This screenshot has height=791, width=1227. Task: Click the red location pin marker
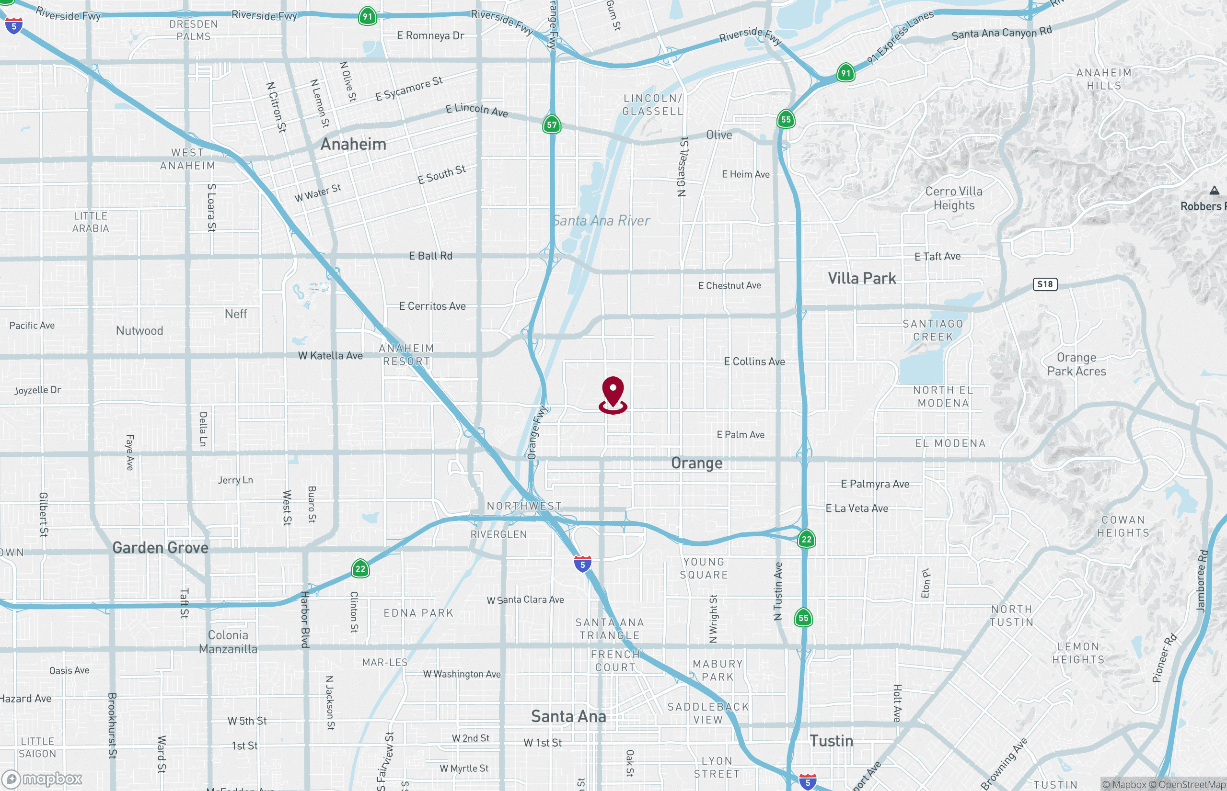pyautogui.click(x=613, y=394)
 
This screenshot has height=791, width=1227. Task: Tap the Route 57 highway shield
pyautogui.click(x=552, y=124)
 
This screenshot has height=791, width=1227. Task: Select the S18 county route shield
pyautogui.click(x=1044, y=284)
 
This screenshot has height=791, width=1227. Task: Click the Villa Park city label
pyautogui.click(x=861, y=278)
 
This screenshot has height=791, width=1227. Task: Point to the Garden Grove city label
pyautogui.click(x=161, y=548)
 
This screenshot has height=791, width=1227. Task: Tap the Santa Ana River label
pyautogui.click(x=601, y=220)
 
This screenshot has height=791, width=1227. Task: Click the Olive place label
pyautogui.click(x=718, y=135)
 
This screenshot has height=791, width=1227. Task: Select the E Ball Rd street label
pyautogui.click(x=430, y=256)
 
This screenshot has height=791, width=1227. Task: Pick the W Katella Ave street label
pyautogui.click(x=330, y=355)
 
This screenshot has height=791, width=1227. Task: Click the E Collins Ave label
pyautogui.click(x=754, y=362)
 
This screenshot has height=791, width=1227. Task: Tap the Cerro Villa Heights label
pyautogui.click(x=953, y=198)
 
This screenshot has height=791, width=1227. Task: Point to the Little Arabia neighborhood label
pyautogui.click(x=91, y=222)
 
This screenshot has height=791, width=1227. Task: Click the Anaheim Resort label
pyautogui.click(x=406, y=354)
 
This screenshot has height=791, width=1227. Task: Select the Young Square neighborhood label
pyautogui.click(x=704, y=568)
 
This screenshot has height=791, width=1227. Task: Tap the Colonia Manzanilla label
pyautogui.click(x=228, y=642)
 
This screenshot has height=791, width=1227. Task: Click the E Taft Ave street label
pyautogui.click(x=937, y=256)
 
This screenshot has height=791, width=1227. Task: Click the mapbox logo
pyautogui.click(x=42, y=779)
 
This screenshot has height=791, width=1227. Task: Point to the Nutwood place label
pyautogui.click(x=139, y=331)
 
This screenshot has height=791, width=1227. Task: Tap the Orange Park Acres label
pyautogui.click(x=1077, y=364)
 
